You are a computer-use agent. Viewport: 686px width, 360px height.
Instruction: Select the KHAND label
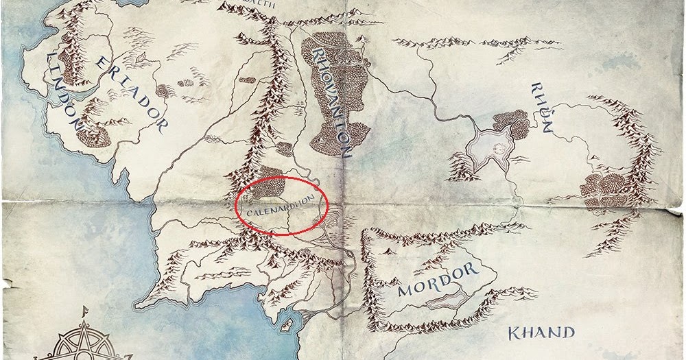click(x=540, y=334)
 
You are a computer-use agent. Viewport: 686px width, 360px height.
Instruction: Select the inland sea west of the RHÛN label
click(x=489, y=145)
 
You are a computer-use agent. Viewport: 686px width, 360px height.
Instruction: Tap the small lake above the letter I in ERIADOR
click(x=163, y=89)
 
